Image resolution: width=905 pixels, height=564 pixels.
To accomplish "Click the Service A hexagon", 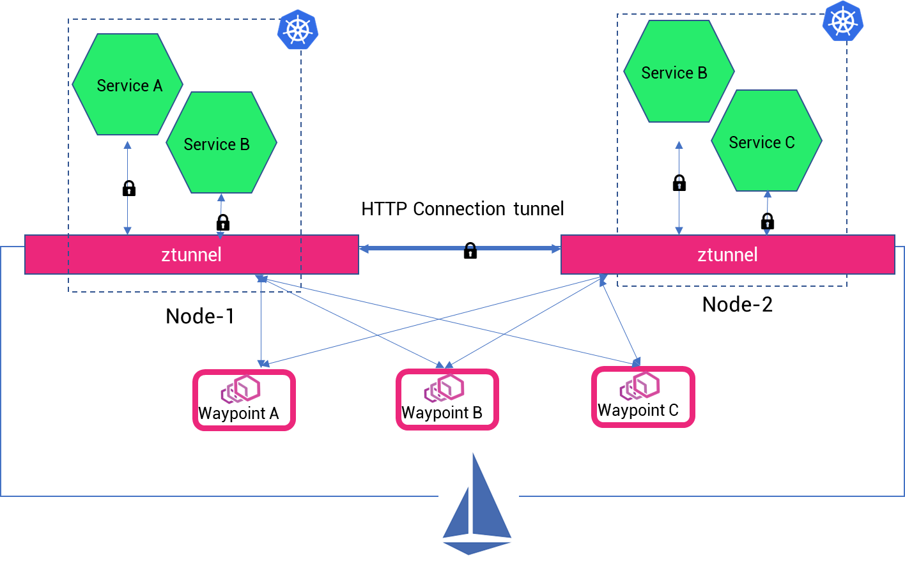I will (x=127, y=84).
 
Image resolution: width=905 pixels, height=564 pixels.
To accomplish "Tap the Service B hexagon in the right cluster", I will (x=679, y=72).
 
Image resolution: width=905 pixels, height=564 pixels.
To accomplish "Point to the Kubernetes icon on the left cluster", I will (x=297, y=29).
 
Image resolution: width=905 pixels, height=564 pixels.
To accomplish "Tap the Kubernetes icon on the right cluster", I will (x=842, y=22).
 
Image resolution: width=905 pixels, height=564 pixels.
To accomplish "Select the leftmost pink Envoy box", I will (x=244, y=400).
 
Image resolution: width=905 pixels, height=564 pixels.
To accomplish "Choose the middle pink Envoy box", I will (x=447, y=399).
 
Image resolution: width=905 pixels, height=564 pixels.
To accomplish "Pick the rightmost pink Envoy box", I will (x=643, y=397).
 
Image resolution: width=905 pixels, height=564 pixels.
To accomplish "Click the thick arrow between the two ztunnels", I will (x=460, y=248).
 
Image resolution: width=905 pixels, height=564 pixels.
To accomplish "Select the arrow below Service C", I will (x=767, y=213).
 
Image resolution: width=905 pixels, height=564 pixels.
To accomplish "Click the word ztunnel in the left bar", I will (x=191, y=254).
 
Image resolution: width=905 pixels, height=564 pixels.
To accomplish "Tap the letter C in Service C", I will (x=790, y=142).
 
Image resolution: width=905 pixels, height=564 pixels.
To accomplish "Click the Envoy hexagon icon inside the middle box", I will (x=442, y=388).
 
